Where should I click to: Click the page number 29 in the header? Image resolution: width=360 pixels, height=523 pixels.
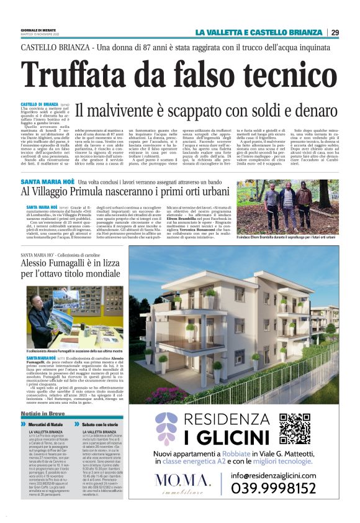tap(335, 32)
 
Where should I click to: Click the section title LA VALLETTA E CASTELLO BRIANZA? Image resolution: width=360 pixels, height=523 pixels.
tap(259, 32)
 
